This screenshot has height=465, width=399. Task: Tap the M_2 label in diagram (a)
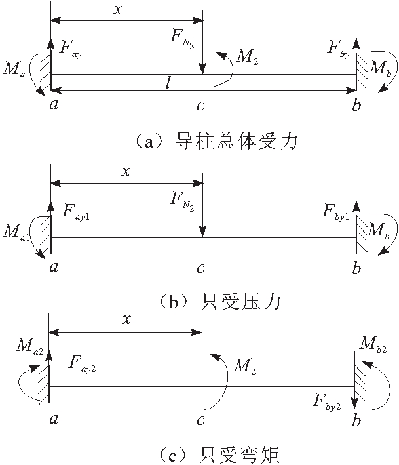(246, 57)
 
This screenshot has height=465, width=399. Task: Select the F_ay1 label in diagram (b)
(75, 211)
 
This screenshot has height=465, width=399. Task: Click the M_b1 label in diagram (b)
(382, 230)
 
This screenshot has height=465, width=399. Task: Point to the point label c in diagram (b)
(201, 268)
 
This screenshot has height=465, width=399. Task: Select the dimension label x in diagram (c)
(127, 319)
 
